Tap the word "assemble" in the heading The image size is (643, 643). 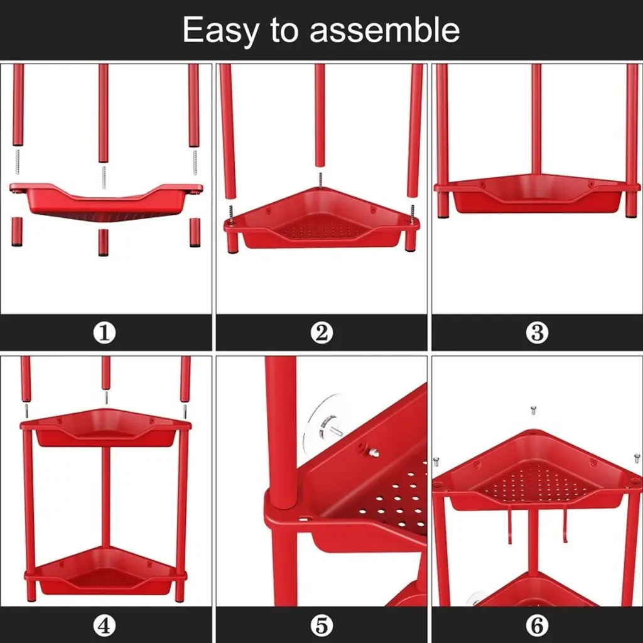point(385,30)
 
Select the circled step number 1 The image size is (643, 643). point(105,333)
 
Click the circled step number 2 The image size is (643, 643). point(321,333)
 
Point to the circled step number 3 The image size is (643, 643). point(538,333)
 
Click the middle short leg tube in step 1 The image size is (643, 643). point(104,242)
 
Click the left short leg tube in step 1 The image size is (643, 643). point(17,232)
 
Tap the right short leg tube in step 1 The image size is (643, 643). point(195,232)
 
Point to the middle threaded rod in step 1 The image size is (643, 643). point(104,177)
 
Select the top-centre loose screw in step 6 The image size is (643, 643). point(533,409)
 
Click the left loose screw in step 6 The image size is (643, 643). point(436,462)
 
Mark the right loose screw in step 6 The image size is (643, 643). point(637,458)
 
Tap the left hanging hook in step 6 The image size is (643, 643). point(509,526)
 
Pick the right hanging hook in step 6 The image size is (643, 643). point(565,525)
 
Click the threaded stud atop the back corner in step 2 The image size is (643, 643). point(320,180)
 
